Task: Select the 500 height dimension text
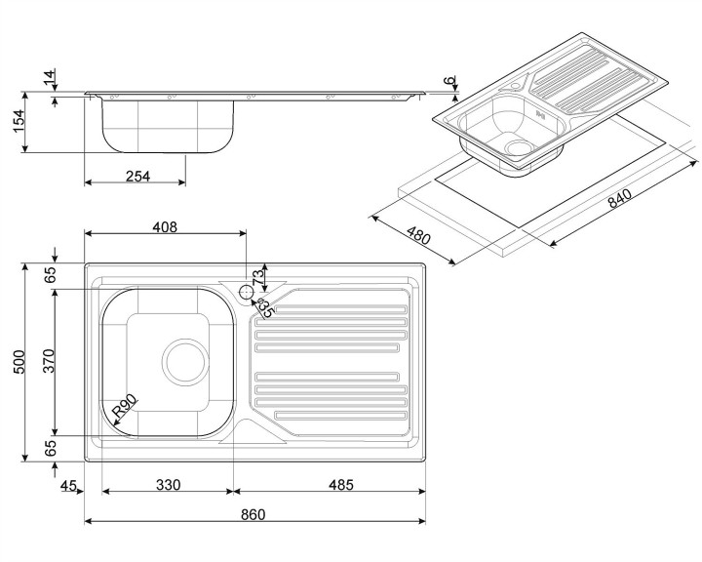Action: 16,362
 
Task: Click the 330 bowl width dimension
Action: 168,485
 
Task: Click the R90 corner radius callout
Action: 126,408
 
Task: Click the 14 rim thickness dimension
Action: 48,78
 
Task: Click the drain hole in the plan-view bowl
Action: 186,360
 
